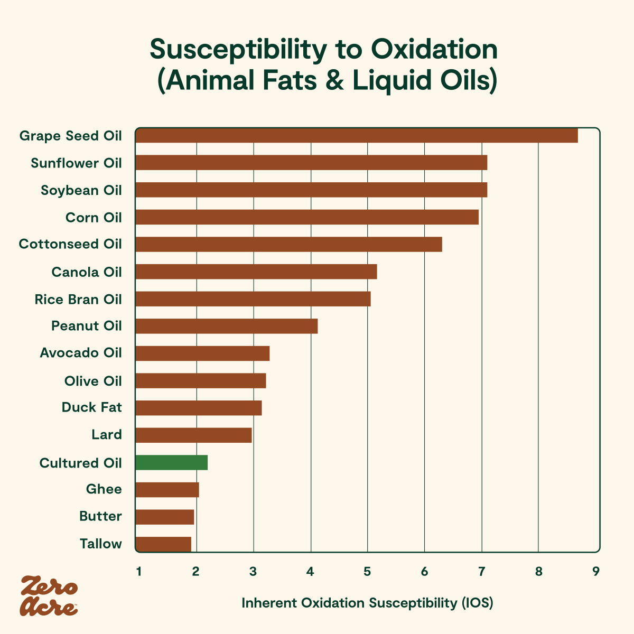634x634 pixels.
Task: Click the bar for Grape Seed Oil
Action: click(357, 136)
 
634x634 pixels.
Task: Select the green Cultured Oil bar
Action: click(171, 463)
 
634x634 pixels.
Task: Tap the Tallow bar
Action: click(163, 544)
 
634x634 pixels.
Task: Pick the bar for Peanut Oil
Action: click(227, 327)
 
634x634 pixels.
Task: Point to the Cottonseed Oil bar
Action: click(288, 245)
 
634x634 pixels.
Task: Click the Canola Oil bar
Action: click(256, 272)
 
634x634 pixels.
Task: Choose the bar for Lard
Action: click(193, 435)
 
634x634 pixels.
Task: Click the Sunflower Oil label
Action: click(76, 163)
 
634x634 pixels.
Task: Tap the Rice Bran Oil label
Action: click(78, 300)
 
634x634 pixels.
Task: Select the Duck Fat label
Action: click(91, 407)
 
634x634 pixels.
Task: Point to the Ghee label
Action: click(104, 489)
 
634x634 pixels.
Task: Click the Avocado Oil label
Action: click(81, 353)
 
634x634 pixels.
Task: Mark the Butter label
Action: click(100, 516)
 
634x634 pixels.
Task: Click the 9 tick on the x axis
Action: click(595, 572)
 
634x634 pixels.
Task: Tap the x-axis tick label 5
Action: click(367, 572)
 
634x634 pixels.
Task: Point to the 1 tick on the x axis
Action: click(138, 572)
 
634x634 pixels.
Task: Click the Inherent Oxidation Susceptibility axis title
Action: click(367, 603)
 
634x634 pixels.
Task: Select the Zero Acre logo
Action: click(49, 596)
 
